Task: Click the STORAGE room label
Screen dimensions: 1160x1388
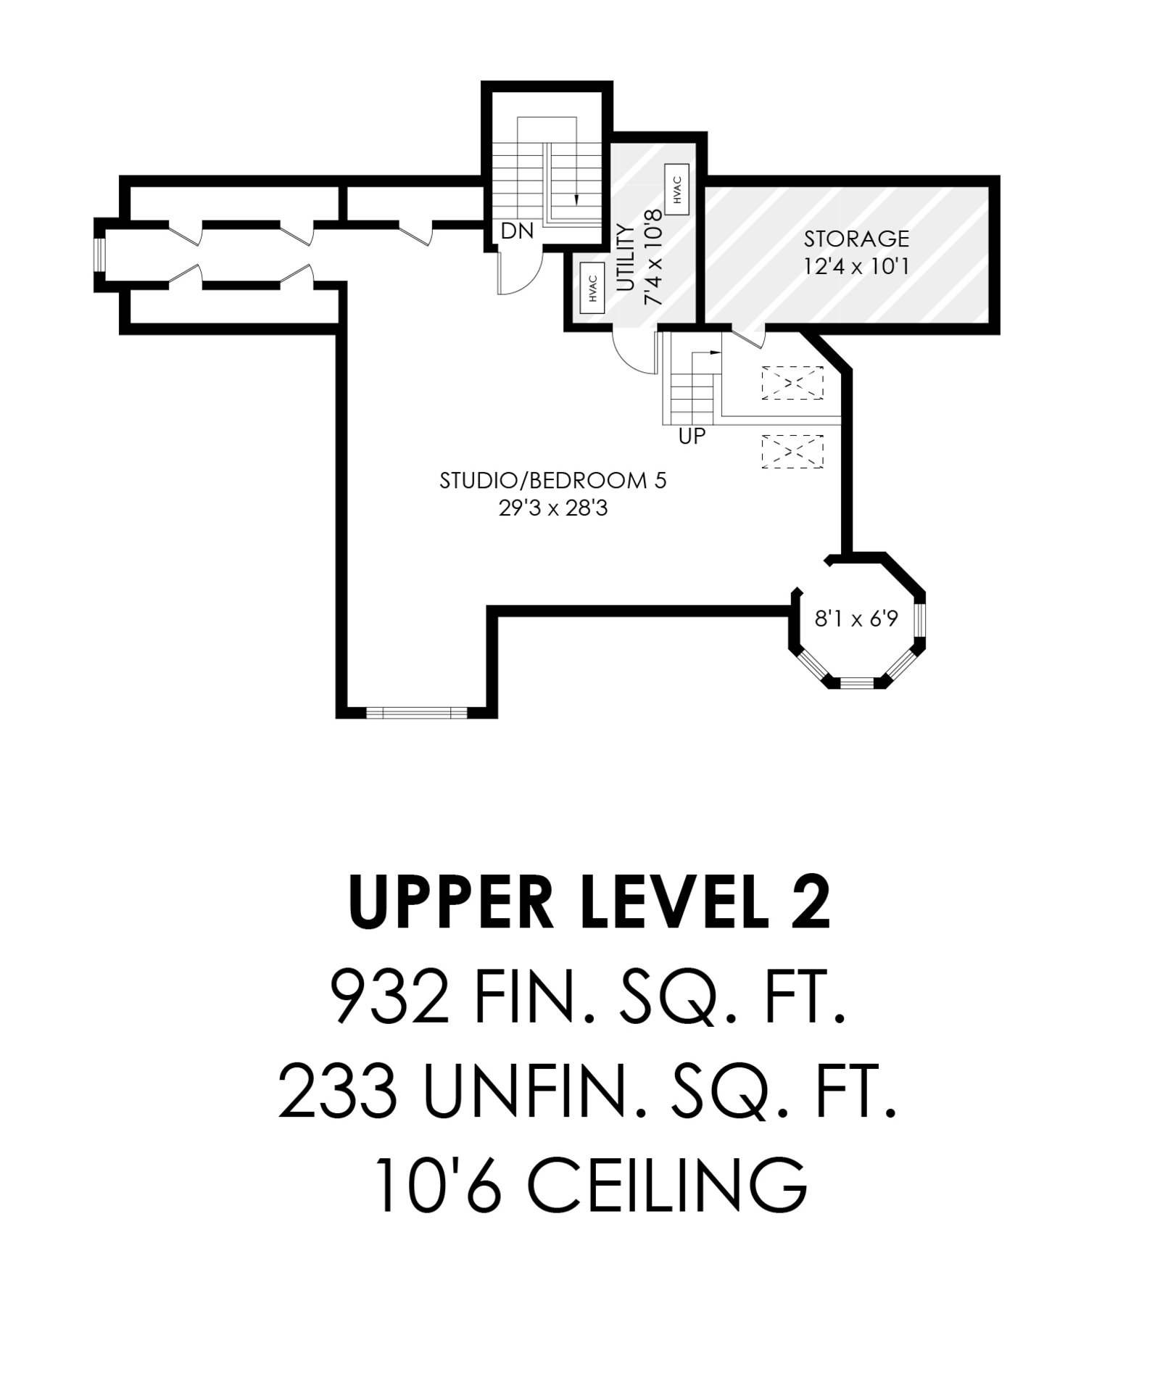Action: tap(856, 238)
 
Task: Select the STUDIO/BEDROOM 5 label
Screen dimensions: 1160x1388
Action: tap(552, 481)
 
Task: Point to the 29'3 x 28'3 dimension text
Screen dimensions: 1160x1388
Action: tap(552, 508)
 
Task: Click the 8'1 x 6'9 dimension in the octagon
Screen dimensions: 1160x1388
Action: tap(856, 619)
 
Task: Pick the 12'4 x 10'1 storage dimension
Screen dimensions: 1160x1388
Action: tap(856, 266)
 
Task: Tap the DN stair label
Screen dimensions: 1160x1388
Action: tap(518, 231)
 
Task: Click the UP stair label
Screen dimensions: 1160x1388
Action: tap(692, 436)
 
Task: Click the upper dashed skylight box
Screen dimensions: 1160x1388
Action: tap(792, 383)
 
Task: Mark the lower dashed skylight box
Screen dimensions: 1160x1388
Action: tap(792, 452)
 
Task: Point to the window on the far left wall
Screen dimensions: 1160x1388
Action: tap(100, 255)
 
